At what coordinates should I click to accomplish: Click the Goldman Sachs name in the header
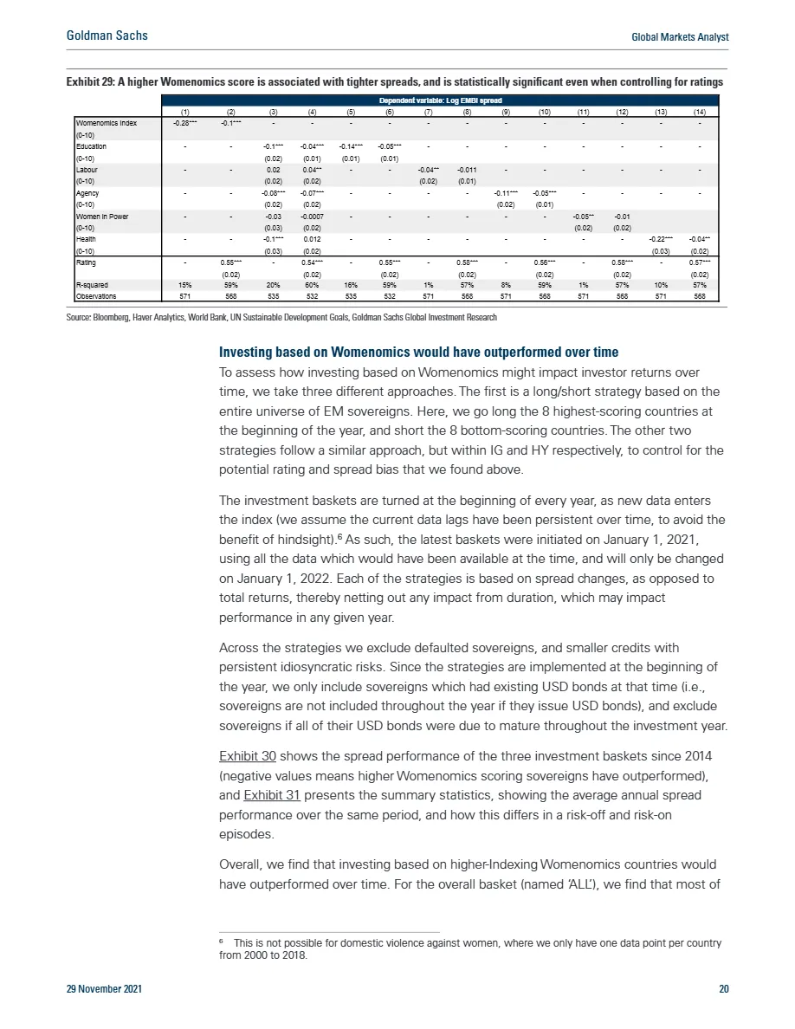pos(107,36)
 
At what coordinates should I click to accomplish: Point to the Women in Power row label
pos(102,216)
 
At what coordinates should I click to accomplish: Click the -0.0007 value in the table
pos(312,216)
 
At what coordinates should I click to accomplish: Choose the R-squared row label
pos(91,284)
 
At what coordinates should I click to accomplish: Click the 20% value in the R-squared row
pos(273,284)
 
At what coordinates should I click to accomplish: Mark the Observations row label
pos(95,294)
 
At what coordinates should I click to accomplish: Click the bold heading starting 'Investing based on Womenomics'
pos(419,353)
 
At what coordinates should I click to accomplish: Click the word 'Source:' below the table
pos(80,318)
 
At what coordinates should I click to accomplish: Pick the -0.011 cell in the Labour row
pos(467,170)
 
